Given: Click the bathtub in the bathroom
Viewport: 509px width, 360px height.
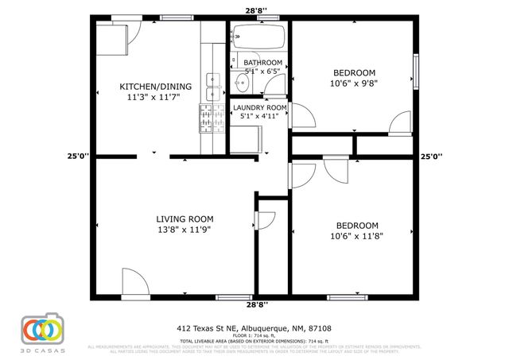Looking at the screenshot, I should pos(258,37).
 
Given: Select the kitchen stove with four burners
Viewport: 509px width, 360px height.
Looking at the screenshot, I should pos(210,120).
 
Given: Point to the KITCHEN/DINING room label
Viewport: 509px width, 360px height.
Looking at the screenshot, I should pos(150,87).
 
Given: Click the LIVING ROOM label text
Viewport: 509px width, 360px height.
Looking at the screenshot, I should pos(184,219).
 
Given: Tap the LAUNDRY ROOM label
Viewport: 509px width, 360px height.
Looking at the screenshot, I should pos(259,107).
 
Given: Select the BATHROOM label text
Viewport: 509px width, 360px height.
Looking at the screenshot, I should pos(262,62).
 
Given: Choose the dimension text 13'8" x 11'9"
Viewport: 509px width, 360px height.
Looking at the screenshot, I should pos(184,230).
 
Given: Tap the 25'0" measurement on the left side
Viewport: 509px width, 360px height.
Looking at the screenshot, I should pos(78,157).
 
